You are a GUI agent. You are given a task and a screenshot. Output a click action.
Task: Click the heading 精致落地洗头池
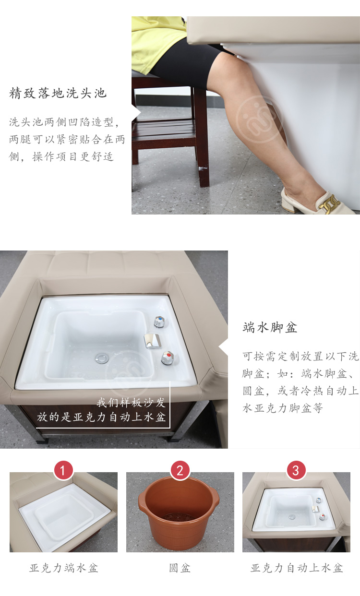(58, 93)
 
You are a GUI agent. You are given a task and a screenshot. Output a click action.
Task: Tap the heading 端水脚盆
(270, 327)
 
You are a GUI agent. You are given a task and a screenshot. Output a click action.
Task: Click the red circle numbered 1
(63, 470)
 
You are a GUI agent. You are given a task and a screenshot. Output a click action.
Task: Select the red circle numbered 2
(180, 470)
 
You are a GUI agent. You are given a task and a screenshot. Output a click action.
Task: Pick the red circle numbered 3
(296, 470)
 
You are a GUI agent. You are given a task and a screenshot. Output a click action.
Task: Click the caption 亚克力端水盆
(63, 568)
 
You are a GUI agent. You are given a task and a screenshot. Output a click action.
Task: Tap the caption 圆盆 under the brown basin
(180, 568)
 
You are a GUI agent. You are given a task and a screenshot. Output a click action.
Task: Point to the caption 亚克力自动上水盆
(297, 568)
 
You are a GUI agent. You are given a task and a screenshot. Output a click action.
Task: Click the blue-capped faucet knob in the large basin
(160, 322)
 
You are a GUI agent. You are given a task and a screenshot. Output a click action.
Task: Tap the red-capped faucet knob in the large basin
(168, 358)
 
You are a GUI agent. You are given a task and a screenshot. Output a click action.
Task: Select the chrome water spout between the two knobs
(153, 341)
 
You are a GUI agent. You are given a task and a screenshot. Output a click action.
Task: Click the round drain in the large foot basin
(102, 358)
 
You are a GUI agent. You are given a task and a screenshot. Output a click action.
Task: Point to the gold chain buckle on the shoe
(329, 203)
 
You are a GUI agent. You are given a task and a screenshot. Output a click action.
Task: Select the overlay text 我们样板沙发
(131, 403)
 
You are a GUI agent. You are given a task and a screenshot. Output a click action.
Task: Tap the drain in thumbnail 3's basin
(292, 517)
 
